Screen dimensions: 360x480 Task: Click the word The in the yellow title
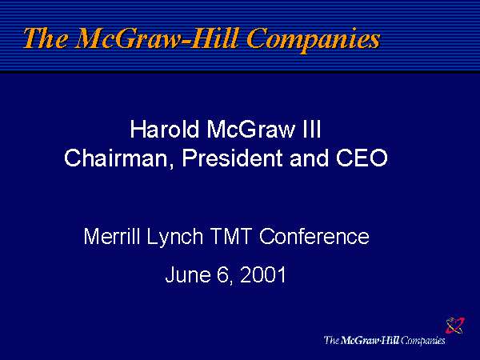46,38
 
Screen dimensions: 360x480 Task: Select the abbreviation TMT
232,237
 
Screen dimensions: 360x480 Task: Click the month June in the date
186,276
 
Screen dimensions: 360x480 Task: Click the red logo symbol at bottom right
454,325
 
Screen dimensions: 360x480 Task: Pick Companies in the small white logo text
423,341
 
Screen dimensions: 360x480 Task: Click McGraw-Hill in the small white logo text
370,341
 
